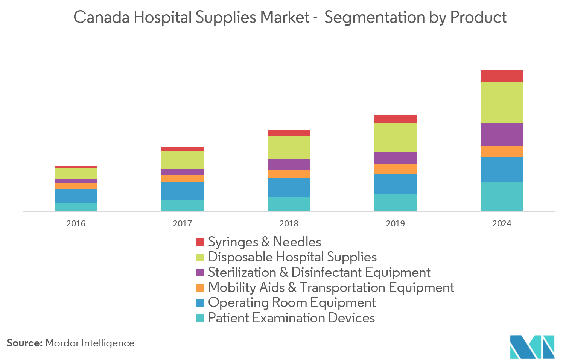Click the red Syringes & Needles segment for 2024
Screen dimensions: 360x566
tap(502, 76)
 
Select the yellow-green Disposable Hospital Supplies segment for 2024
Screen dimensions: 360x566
tap(502, 102)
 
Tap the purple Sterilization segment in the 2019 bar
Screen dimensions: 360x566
tap(395, 158)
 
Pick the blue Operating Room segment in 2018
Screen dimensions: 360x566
tap(289, 187)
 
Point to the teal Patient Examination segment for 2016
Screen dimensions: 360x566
tap(76, 207)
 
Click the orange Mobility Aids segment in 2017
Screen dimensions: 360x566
tap(182, 179)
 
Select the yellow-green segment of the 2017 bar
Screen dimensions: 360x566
tap(182, 159)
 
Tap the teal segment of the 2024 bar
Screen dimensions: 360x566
tap(502, 197)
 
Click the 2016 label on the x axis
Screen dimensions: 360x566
tap(76, 223)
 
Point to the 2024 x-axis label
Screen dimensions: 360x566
tap(502, 223)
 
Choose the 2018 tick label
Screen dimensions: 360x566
tap(289, 223)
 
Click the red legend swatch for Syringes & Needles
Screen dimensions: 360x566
tap(200, 242)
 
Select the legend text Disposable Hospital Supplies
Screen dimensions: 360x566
tap(292, 257)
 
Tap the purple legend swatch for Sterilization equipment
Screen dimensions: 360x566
tap(200, 272)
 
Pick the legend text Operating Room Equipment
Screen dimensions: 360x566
tap(292, 302)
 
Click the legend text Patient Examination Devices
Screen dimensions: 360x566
tap(292, 318)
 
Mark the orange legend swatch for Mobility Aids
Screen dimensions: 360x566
tap(200, 287)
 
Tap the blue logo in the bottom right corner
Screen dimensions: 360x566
tap(532, 347)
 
